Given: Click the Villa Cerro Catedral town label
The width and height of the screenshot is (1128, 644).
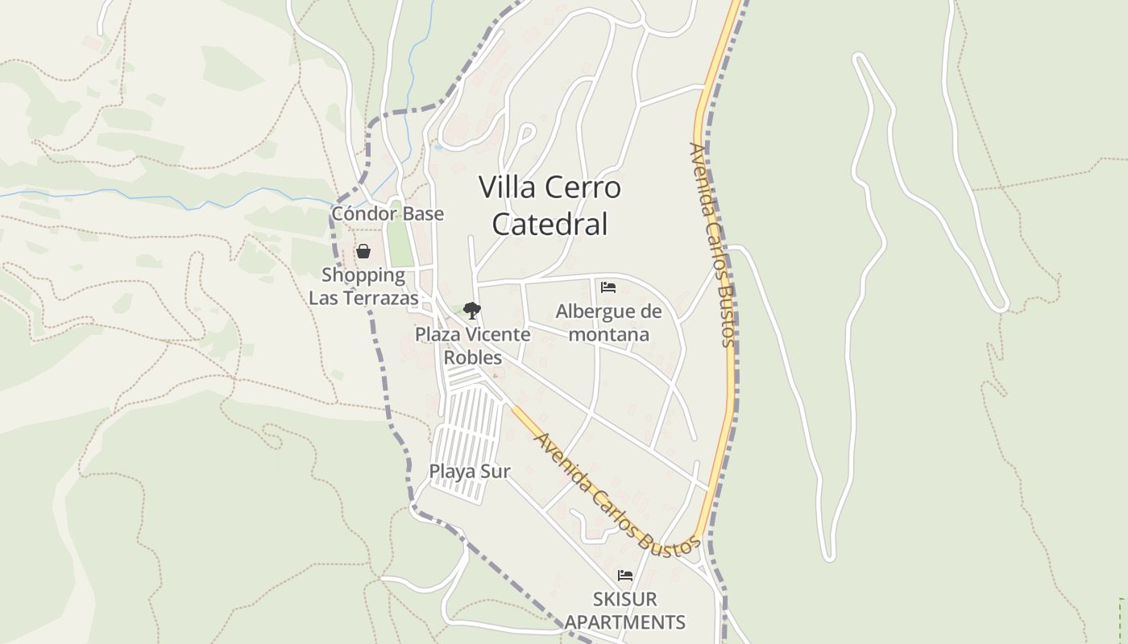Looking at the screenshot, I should click(549, 205).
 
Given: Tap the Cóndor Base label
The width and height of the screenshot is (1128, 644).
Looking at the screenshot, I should click(388, 213).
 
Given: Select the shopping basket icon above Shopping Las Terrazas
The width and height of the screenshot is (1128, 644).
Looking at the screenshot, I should click(363, 252).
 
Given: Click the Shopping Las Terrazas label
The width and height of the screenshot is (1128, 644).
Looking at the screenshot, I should click(364, 287).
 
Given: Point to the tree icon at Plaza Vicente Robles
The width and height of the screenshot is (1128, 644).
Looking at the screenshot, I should click(472, 310).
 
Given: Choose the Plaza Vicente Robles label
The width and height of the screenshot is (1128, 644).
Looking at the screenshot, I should click(473, 345).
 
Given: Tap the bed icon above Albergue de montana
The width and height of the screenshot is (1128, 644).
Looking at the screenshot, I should click(608, 287).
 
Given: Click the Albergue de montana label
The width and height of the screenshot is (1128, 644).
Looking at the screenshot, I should click(608, 323).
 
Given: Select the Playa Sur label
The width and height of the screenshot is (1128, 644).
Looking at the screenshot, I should click(470, 472).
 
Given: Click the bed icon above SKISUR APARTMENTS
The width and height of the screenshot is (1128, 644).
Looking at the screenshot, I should click(624, 576).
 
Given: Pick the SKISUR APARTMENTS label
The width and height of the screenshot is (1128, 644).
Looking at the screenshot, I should click(625, 610).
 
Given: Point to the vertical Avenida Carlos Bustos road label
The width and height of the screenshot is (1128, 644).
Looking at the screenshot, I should click(713, 245).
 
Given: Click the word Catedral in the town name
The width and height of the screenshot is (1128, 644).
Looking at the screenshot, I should click(549, 224).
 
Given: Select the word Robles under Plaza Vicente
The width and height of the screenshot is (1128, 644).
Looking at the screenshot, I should click(473, 357).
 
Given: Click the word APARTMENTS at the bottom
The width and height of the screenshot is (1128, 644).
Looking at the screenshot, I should click(625, 622).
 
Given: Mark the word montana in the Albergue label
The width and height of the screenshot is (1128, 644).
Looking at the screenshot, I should click(608, 334).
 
